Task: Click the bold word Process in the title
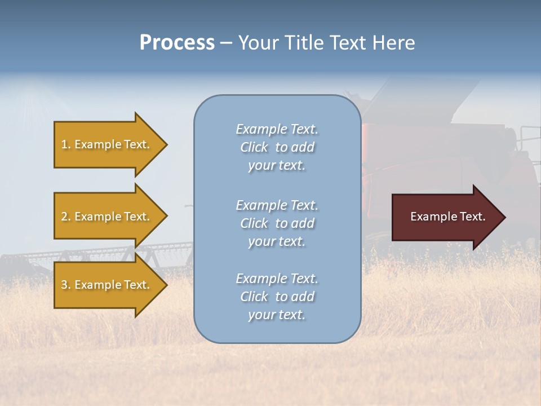pyautogui.click(x=177, y=43)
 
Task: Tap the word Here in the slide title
pyautogui.click(x=393, y=43)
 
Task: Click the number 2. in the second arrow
pyautogui.click(x=65, y=217)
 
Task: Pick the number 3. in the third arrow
pyautogui.click(x=65, y=285)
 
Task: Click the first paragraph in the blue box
pyautogui.click(x=277, y=147)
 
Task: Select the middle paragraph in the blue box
pyautogui.click(x=277, y=223)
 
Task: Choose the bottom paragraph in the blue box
pyautogui.click(x=277, y=297)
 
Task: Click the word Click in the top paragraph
pyautogui.click(x=254, y=147)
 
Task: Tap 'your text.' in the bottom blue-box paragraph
pyautogui.click(x=277, y=315)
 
